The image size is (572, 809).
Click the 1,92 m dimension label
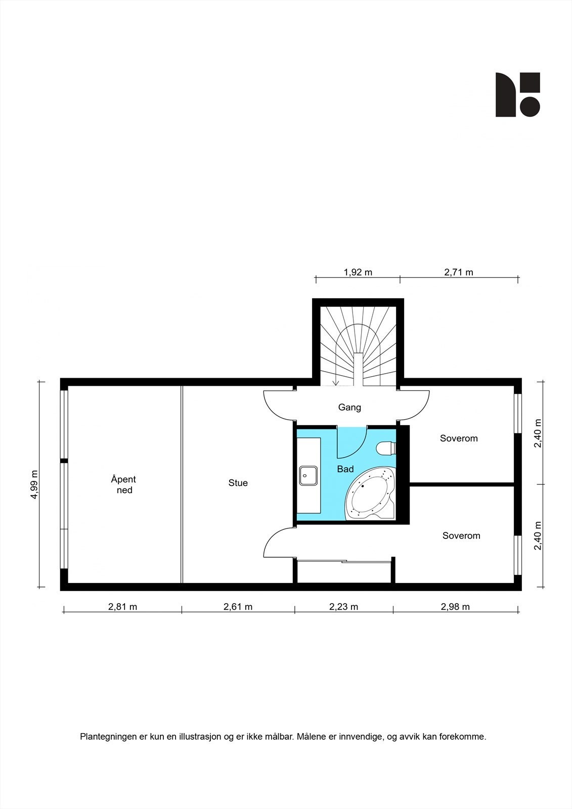click(358, 272)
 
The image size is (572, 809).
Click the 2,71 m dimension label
click(459, 272)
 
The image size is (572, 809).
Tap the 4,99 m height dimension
click(34, 485)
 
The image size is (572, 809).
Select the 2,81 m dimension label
click(122, 607)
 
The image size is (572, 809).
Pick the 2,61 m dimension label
click(238, 607)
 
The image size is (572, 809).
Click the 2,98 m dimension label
click(455, 607)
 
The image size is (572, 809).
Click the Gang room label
click(349, 407)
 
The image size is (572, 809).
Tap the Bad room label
click(345, 469)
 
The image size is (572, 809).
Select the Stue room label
click(238, 483)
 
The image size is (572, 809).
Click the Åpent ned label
click(124, 484)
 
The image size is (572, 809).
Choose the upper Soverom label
click(459, 438)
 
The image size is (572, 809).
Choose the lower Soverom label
click(461, 535)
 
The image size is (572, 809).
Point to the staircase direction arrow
click(335, 380)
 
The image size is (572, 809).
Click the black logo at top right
click(517, 95)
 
